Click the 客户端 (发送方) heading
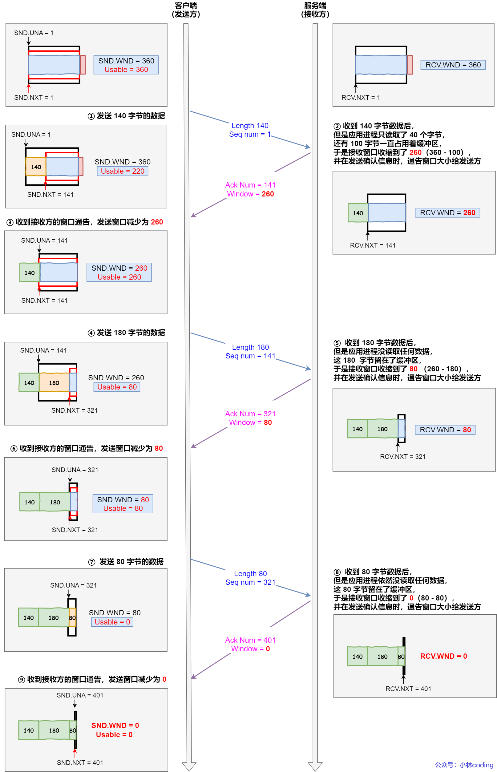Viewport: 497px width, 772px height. coord(186,10)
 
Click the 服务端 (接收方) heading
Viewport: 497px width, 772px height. coord(315,10)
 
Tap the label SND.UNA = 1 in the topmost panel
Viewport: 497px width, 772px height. coord(34,33)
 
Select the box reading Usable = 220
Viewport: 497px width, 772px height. coord(122,171)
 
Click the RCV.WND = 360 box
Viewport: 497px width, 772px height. coord(453,65)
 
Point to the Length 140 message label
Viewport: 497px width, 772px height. coord(250,126)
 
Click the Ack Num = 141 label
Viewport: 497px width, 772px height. coord(250,185)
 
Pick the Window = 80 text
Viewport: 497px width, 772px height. coord(250,422)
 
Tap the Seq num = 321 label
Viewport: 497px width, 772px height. coord(250,582)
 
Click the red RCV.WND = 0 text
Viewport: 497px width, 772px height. coord(443,656)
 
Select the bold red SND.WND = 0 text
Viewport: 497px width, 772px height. coord(115,726)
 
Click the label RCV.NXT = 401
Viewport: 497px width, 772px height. coord(408,689)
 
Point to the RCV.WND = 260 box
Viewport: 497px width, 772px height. coord(447,213)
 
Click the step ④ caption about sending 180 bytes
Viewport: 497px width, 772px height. coord(127,333)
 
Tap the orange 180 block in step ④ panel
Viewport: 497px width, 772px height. coord(54,383)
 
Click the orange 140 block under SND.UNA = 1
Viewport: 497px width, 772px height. coord(36,167)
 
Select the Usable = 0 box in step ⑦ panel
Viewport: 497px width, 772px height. coord(112,622)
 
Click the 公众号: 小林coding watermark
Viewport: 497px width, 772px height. coord(464,765)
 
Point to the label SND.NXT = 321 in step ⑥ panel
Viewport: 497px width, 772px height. coord(75,530)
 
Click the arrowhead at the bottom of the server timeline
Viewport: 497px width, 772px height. coord(315,766)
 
